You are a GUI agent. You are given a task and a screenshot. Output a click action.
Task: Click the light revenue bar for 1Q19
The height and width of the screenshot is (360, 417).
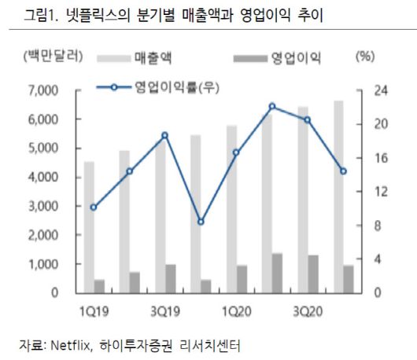[x=89, y=228]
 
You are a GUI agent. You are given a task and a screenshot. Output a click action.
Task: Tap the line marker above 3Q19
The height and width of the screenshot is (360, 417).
[x=165, y=135]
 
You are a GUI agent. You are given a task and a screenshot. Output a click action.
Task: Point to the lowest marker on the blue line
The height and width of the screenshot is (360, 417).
[x=201, y=222]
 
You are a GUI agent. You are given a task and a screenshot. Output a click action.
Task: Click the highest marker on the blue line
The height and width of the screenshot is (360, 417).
[x=272, y=106]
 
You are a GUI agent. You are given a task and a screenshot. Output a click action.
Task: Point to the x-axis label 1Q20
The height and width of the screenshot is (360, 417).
[x=236, y=310]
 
